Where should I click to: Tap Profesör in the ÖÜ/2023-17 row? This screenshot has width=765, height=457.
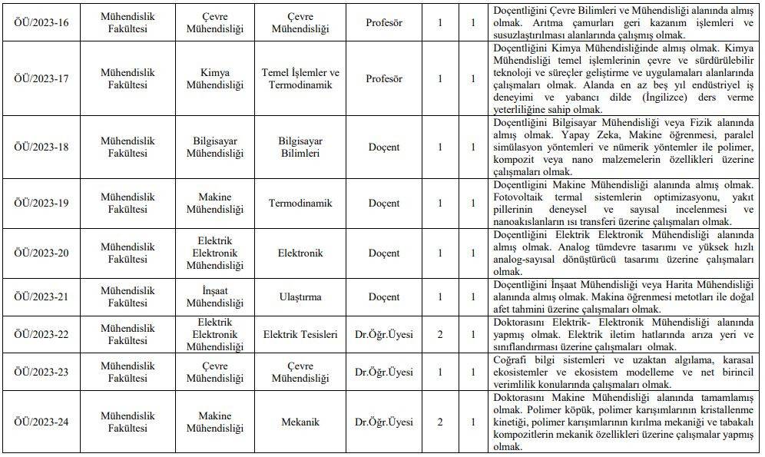click(x=384, y=78)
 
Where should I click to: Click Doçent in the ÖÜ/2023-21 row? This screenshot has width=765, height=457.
click(x=384, y=296)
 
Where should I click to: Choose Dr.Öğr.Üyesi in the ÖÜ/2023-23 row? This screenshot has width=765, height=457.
click(x=384, y=372)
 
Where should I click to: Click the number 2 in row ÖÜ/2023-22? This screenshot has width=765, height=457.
click(x=440, y=334)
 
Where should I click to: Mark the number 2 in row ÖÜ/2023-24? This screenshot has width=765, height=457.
click(x=440, y=422)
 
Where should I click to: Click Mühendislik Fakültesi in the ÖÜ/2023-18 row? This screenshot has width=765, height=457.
click(x=127, y=147)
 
